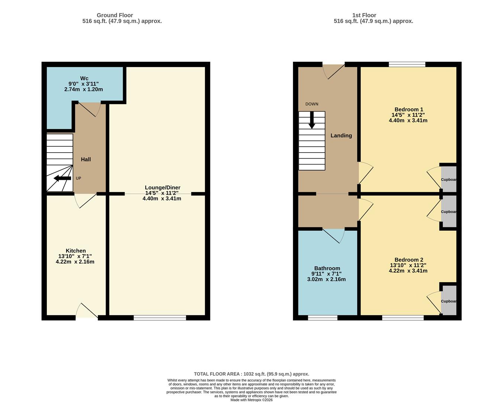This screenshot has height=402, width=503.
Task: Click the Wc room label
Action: tap(84, 78)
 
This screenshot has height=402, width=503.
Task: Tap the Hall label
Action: tap(86, 159)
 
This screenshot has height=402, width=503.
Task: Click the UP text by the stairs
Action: tap(78, 178)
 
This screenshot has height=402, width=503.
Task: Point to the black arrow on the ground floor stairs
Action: tap(62, 178)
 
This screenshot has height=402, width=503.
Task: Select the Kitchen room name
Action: tap(75, 251)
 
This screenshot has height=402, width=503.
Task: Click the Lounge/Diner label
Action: tap(162, 188)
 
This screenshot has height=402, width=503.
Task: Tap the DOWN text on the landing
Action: tap(312, 104)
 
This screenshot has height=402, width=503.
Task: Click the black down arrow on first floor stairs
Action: tap(312, 120)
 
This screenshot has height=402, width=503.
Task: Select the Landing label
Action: tap(341, 135)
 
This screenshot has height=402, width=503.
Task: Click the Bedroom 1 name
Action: tap(409, 109)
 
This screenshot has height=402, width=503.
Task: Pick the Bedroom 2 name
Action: tap(409, 259)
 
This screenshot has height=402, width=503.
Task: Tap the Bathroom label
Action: tap(327, 268)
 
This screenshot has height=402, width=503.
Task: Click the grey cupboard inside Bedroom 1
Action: tap(449, 179)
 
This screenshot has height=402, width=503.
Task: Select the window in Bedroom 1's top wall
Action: tap(407, 64)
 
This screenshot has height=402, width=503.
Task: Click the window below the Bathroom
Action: tap(323, 318)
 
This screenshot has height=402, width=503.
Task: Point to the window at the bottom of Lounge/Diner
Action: tap(160, 318)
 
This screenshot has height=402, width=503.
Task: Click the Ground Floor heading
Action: tap(115, 15)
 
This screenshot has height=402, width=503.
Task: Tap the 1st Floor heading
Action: tap(364, 15)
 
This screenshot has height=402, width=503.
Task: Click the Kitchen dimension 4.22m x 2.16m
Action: tap(75, 262)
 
